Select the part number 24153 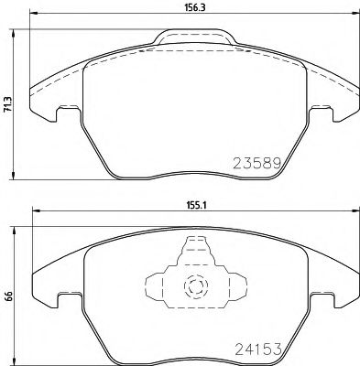click(250, 347)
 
